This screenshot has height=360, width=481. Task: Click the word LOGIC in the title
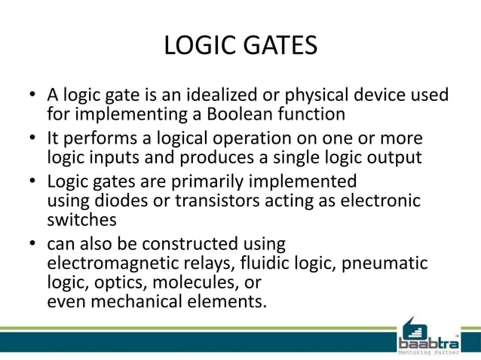[201, 46]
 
